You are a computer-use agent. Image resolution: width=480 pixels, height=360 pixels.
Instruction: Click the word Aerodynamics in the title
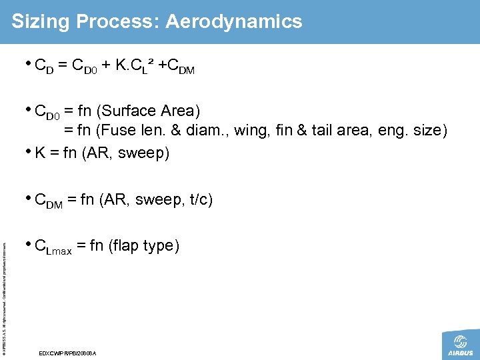pyautogui.click(x=233, y=21)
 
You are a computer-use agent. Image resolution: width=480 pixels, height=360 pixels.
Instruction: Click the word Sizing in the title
pyautogui.click(x=41, y=21)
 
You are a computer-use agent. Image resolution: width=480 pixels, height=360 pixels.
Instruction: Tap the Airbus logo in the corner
pyautogui.click(x=460, y=345)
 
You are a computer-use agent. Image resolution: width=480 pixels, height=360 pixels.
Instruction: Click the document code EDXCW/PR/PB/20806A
pyautogui.click(x=69, y=352)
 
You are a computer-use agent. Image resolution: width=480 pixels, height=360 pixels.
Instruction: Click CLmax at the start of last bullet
pyautogui.click(x=53, y=247)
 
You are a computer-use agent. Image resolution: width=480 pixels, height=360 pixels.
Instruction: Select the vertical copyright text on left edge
pyautogui.click(x=5, y=287)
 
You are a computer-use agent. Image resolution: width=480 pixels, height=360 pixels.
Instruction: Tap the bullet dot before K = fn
pyautogui.click(x=28, y=152)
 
